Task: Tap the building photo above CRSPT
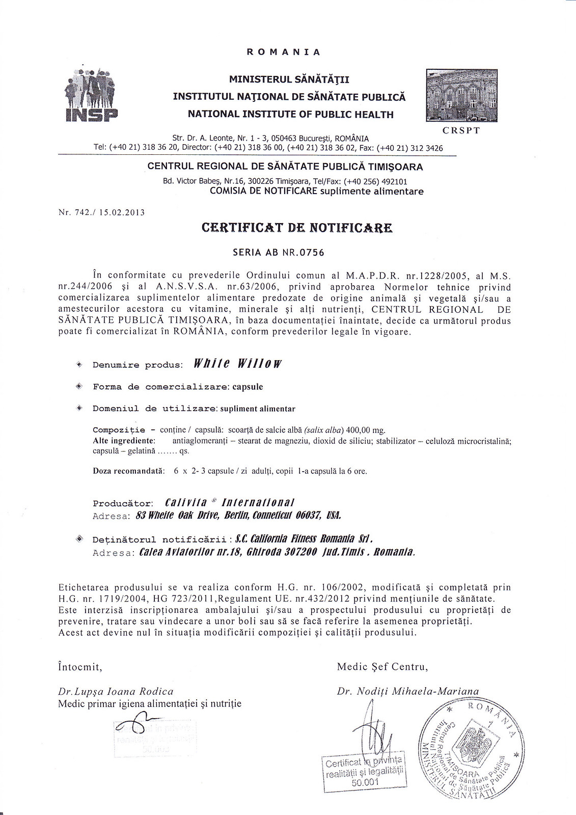[461, 95]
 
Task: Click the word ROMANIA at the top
[283, 52]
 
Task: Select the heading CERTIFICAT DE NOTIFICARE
[297, 227]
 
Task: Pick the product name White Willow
[238, 364]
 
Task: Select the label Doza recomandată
[128, 471]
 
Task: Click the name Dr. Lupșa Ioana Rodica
[116, 691]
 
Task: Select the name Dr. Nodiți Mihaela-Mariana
[408, 691]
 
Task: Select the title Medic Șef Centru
[382, 666]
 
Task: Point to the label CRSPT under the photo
[461, 130]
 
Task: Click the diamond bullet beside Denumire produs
[79, 364]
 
